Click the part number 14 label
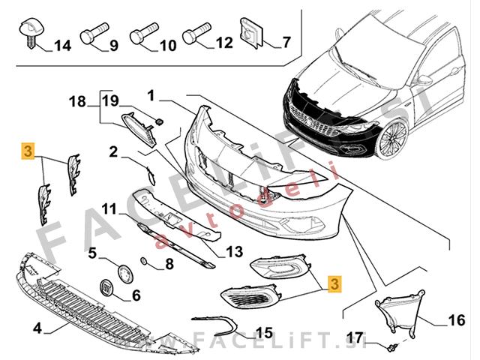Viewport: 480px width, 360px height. pyautogui.click(x=62, y=46)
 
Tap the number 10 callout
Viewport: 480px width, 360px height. pyautogui.click(x=167, y=46)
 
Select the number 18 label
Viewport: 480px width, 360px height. pyautogui.click(x=78, y=100)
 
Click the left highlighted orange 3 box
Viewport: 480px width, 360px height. pyautogui.click(x=28, y=151)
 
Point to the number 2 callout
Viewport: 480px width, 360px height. pyautogui.click(x=114, y=152)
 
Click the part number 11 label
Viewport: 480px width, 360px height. pyautogui.click(x=109, y=208)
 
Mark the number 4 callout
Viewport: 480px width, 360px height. pyautogui.click(x=37, y=328)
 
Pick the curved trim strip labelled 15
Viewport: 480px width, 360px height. pyautogui.click(x=217, y=323)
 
